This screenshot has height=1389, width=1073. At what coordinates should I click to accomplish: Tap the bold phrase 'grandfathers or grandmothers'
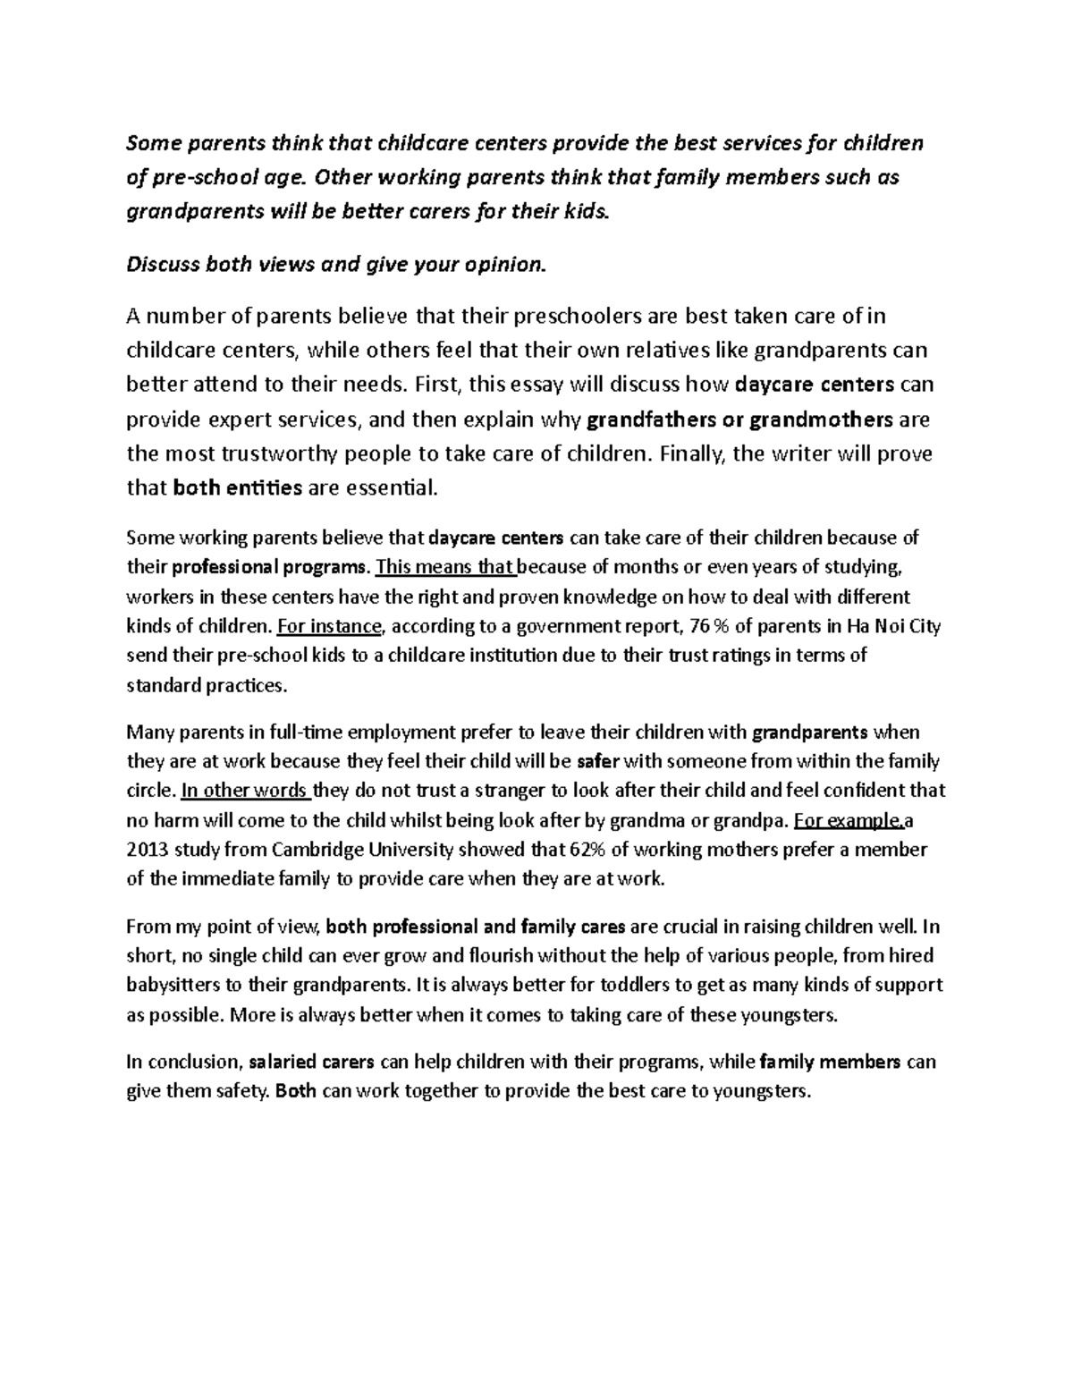(x=738, y=419)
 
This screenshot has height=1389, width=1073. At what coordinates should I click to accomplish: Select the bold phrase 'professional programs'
(x=269, y=567)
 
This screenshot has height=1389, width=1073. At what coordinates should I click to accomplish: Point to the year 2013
(x=146, y=850)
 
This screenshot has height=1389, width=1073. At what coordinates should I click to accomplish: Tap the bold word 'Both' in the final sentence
(x=296, y=1092)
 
